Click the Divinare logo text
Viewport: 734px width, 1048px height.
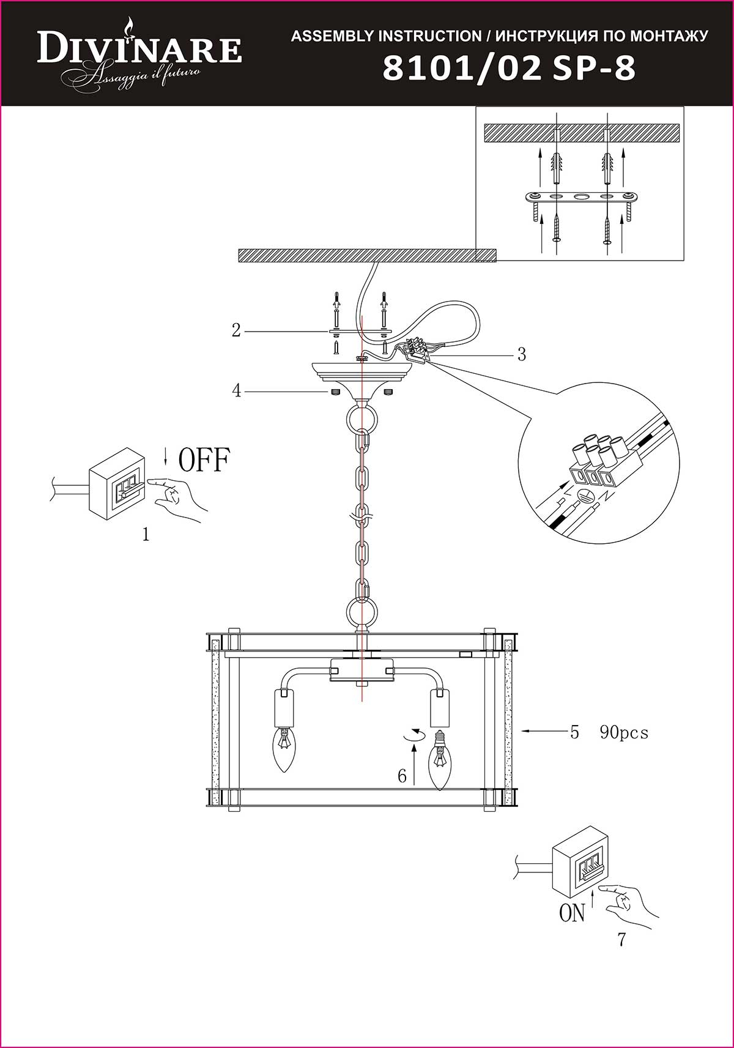pyautogui.click(x=139, y=49)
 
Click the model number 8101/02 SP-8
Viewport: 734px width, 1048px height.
pyautogui.click(x=509, y=69)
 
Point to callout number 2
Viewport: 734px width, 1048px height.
pyautogui.click(x=236, y=331)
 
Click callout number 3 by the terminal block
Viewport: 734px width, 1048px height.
pyautogui.click(x=522, y=354)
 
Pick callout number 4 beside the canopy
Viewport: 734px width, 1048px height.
pyautogui.click(x=237, y=390)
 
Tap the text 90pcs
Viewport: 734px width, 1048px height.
pyautogui.click(x=624, y=732)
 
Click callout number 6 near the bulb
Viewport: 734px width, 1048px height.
pyautogui.click(x=402, y=776)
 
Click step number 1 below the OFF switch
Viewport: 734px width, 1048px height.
pyautogui.click(x=146, y=534)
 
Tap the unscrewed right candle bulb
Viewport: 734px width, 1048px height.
pyautogui.click(x=440, y=760)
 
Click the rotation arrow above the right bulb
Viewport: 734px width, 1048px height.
pyautogui.click(x=415, y=735)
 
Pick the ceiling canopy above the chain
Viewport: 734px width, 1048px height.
pyautogui.click(x=362, y=378)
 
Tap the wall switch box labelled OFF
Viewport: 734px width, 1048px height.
pyautogui.click(x=117, y=484)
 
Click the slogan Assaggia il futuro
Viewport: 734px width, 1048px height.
pyautogui.click(x=135, y=76)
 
